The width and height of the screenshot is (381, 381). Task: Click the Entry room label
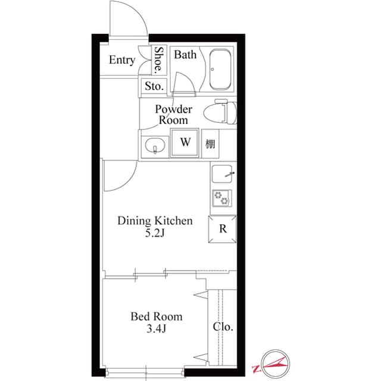coord(122,60)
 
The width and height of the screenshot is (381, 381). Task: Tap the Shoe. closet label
coord(159,60)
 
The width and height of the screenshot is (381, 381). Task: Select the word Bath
coord(185,55)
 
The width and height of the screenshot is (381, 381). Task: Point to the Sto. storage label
coord(154,86)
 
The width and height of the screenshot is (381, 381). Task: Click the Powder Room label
coord(173,114)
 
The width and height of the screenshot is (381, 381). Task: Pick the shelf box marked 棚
coord(211,144)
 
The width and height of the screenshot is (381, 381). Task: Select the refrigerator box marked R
coord(222,228)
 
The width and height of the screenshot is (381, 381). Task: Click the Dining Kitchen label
coord(154,221)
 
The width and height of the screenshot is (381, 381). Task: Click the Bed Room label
coord(157,316)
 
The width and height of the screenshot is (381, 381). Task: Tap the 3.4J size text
coord(156,329)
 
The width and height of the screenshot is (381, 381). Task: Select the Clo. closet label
coord(223,327)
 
